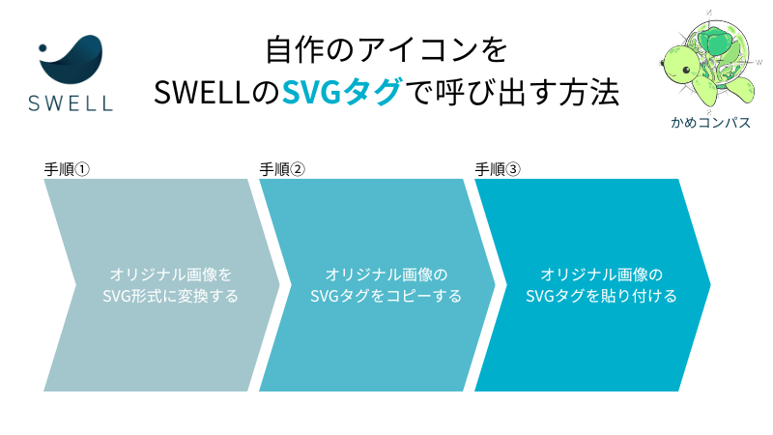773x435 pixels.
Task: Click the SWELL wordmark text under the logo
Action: point(71,103)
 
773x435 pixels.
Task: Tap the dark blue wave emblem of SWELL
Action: point(74,59)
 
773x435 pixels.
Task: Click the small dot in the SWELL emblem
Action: point(43,47)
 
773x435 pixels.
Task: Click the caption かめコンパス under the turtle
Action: point(710,123)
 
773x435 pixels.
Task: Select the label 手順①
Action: point(67,169)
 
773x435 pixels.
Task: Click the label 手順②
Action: point(282,169)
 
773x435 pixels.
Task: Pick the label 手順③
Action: point(498,169)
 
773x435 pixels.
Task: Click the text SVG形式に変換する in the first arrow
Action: point(170,296)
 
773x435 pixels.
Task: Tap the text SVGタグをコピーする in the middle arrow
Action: point(386,296)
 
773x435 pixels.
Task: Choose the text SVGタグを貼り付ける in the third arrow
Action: point(601,296)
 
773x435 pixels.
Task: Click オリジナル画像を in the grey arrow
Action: point(170,275)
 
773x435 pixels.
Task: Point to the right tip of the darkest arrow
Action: point(710,284)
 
